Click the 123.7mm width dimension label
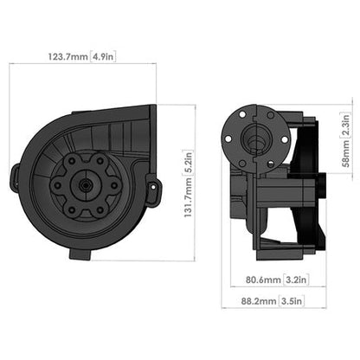[67, 59]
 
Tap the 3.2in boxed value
[293, 280]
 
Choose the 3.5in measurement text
[293, 303]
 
